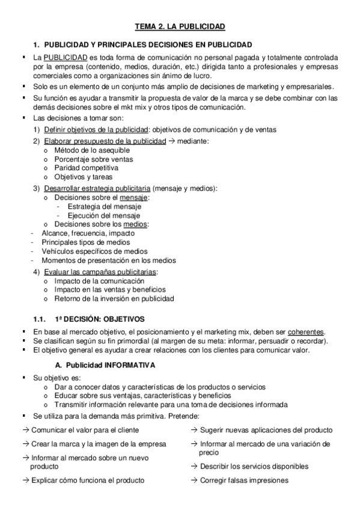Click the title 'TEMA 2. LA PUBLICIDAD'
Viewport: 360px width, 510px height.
pyautogui.click(x=180, y=26)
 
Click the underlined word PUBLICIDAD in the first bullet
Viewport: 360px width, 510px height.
pyautogui.click(x=63, y=57)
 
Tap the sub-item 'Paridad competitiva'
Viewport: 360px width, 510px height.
pyautogui.click(x=86, y=168)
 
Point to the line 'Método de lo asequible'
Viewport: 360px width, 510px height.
pyautogui.click(x=91, y=150)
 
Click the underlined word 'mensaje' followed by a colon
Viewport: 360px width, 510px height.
pyautogui.click(x=133, y=197)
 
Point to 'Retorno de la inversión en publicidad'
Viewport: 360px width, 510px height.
pyautogui.click(x=114, y=298)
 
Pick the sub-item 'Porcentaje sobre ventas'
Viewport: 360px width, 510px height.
pyautogui.click(x=93, y=159)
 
